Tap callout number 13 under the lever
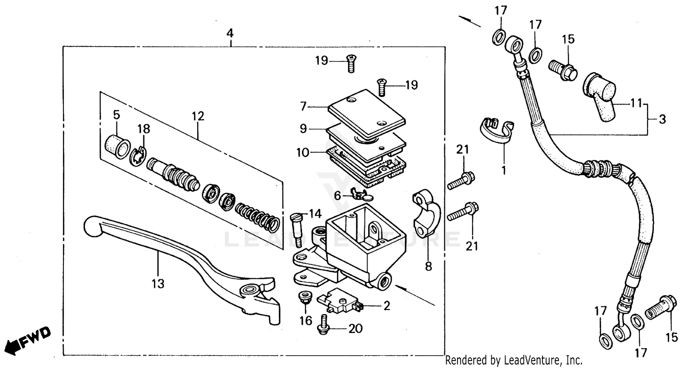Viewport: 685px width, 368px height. click(x=157, y=284)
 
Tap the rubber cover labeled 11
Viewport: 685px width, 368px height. click(x=601, y=96)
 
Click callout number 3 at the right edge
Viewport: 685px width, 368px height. click(x=662, y=120)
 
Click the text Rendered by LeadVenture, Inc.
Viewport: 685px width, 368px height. click(x=514, y=361)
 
